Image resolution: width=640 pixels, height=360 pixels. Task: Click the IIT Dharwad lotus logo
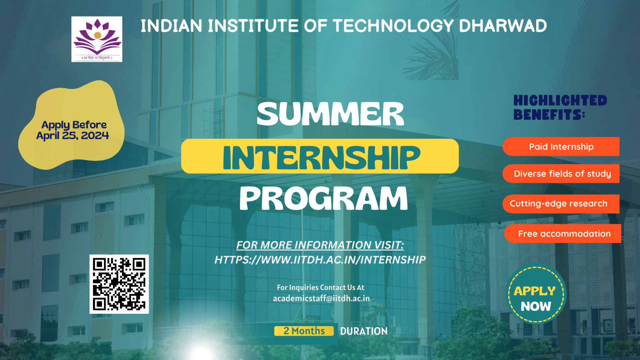pos(97,39)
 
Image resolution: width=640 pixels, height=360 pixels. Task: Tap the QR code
pos(119,284)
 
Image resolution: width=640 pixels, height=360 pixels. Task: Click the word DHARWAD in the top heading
pos(503,26)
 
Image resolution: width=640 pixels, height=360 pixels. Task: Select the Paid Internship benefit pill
pos(561,147)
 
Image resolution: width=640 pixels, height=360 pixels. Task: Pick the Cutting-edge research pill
pos(561,204)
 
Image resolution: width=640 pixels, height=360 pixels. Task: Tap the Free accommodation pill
pos(563,233)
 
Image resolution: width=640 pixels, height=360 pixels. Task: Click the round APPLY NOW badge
pos(536,294)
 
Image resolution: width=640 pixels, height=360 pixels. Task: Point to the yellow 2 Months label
pos(304,331)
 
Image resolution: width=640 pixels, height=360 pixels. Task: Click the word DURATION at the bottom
pos(364,331)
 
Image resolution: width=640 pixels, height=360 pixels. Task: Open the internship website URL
pos(320,260)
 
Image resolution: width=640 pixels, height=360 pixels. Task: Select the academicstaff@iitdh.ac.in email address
pos(321,299)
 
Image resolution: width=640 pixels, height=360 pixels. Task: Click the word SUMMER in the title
pos(330,114)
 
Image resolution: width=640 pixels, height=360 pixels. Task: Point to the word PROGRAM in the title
pos(324,199)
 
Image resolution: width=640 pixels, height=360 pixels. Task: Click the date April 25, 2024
pos(72,136)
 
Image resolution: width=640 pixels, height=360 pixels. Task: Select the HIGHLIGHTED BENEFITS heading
pos(560,108)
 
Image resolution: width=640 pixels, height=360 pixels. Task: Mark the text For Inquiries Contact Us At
pos(321,287)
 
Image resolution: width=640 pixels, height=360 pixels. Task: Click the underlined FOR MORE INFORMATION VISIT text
pos(320,245)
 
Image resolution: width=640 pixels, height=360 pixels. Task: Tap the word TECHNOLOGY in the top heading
pos(393,26)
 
